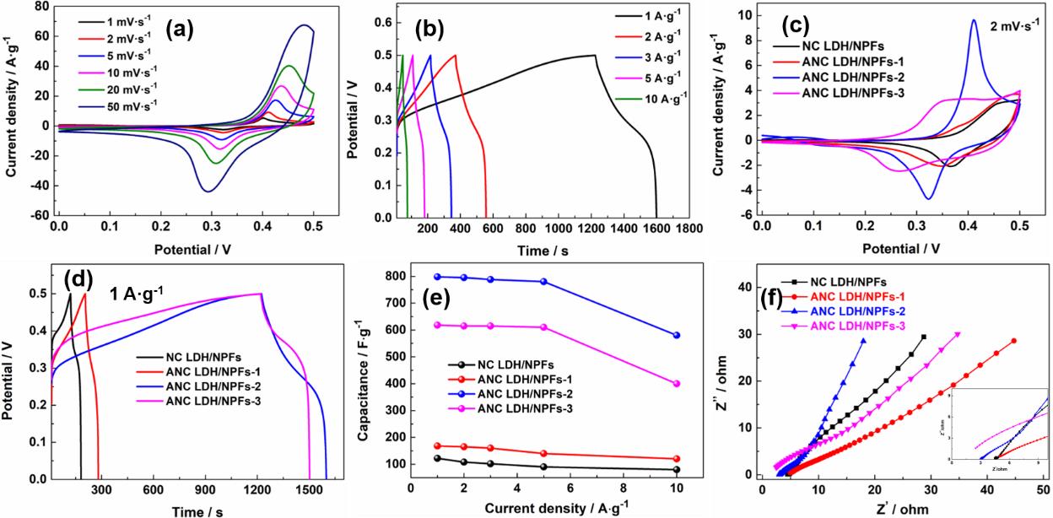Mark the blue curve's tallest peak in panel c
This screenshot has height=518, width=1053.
tap(973, 20)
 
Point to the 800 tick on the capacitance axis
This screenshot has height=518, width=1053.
tap(396, 276)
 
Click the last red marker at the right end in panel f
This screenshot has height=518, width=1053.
tap(1013, 341)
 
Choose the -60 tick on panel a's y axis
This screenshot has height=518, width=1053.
tap(37, 216)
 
